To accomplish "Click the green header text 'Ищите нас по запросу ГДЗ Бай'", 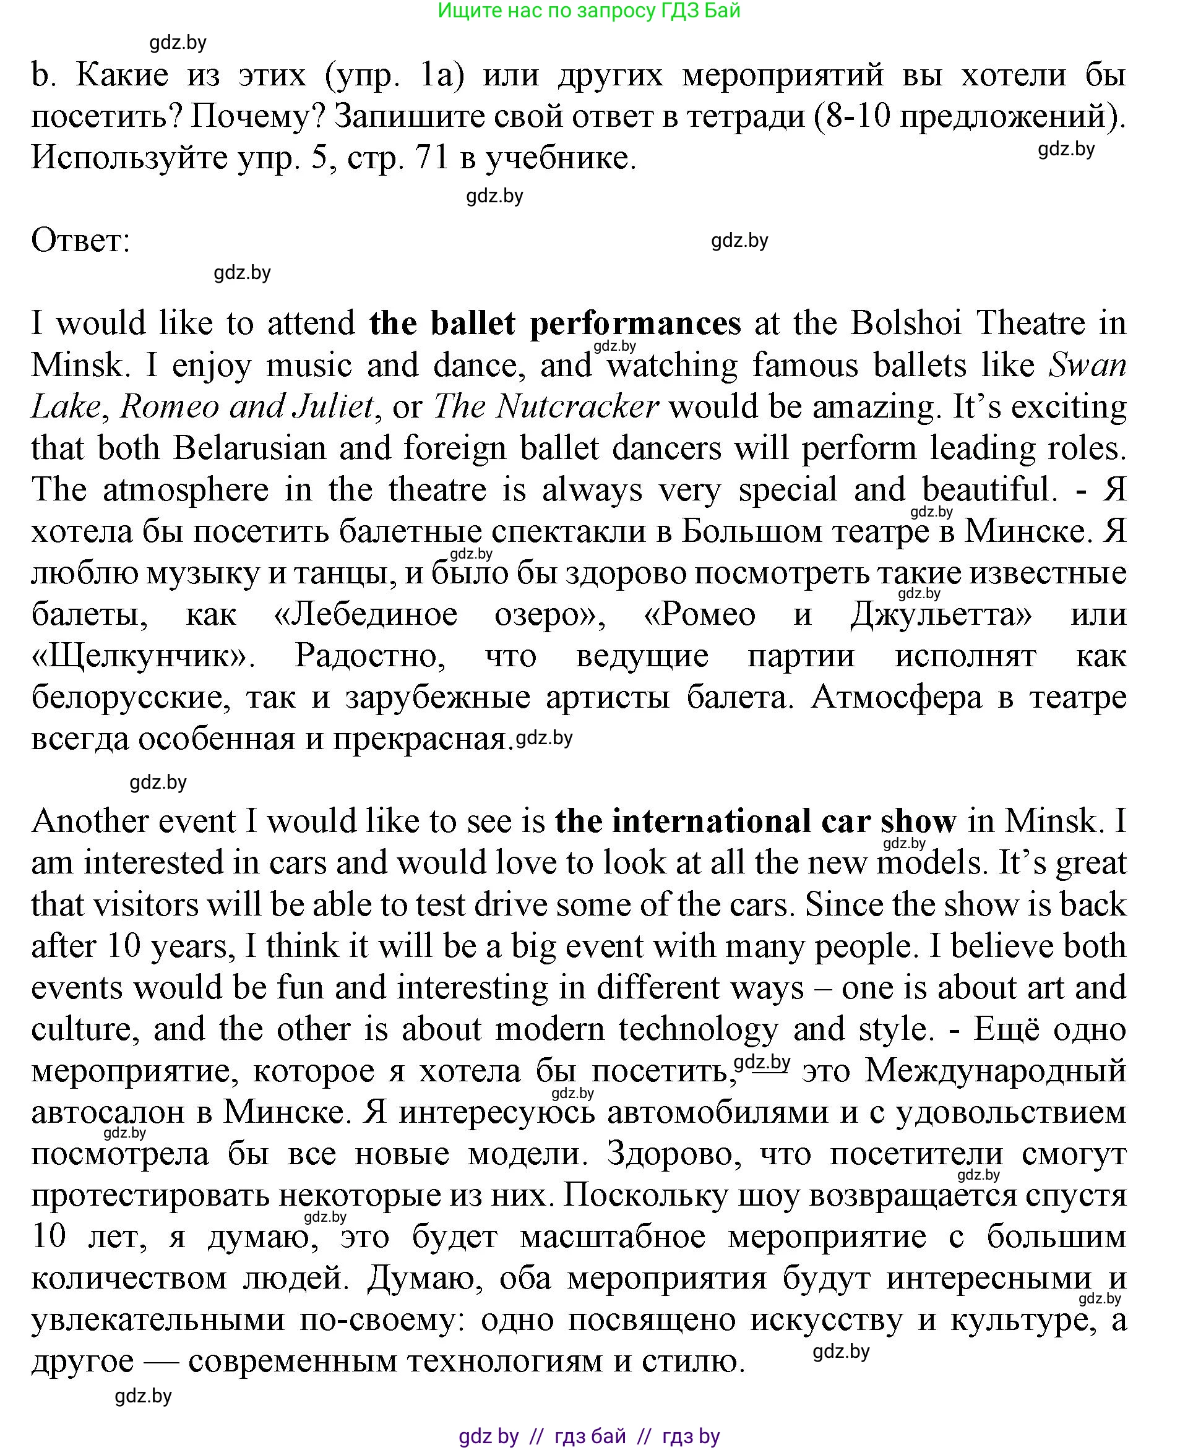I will click(588, 11).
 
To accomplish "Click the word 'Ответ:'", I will click(80, 241).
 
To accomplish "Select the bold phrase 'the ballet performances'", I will click(554, 324).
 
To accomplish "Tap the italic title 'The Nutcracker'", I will click(545, 407).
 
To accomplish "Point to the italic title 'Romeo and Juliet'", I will click(247, 407).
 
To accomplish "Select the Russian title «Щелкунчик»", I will click(143, 656).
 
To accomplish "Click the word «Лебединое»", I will click(366, 615).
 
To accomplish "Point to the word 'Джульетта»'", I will click(941, 615).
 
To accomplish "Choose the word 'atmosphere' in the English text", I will click(186, 490).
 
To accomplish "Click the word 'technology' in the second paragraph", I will click(697, 1030).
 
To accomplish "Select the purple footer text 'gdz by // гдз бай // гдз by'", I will click(588, 1436).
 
